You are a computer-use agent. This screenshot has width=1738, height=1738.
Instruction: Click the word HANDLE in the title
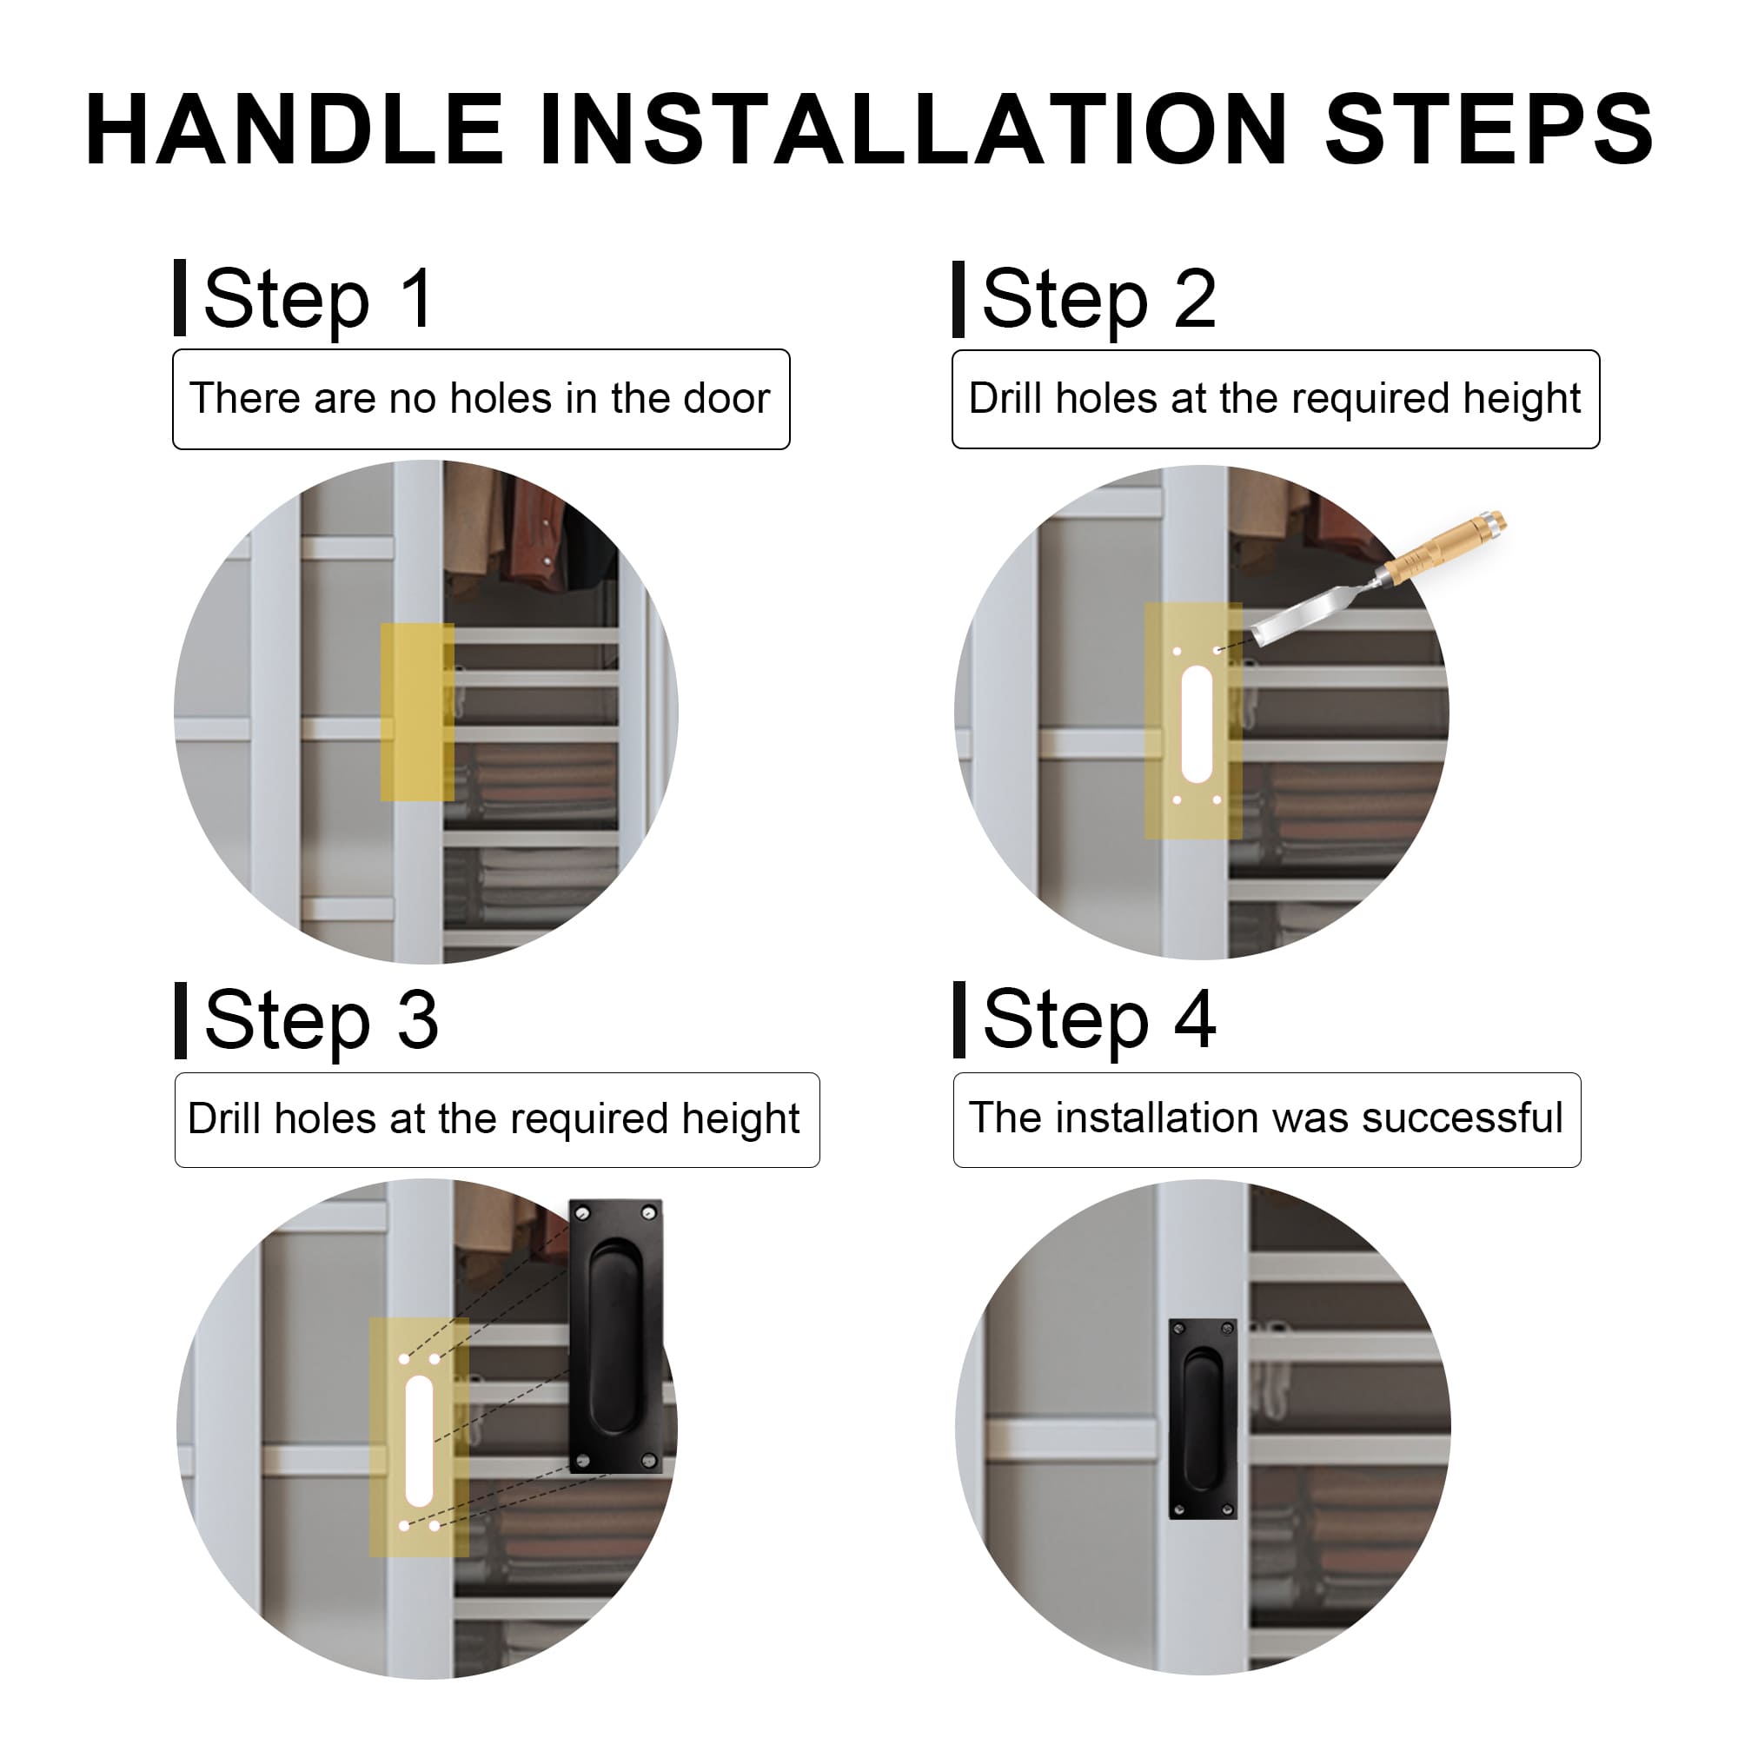tap(295, 129)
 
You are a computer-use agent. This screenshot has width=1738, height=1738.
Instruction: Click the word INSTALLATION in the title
tap(914, 129)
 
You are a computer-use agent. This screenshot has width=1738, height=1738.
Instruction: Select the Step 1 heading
tap(319, 301)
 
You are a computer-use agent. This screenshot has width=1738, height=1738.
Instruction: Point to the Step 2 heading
tap(1099, 301)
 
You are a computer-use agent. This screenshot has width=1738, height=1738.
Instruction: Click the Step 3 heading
tap(322, 1021)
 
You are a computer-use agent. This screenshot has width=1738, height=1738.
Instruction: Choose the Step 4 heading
tap(1099, 1021)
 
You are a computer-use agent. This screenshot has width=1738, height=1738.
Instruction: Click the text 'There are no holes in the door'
tap(480, 399)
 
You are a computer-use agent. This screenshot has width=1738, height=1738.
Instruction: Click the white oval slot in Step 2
tap(1197, 724)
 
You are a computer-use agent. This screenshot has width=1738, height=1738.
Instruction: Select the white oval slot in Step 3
tap(419, 1440)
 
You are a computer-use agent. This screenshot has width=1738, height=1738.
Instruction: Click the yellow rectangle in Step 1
tap(417, 713)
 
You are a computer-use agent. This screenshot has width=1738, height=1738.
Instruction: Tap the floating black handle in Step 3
tap(615, 1337)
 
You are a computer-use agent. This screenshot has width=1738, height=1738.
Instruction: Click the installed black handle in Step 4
tap(1203, 1419)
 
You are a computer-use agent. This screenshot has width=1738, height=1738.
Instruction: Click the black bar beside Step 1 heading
tap(180, 298)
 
